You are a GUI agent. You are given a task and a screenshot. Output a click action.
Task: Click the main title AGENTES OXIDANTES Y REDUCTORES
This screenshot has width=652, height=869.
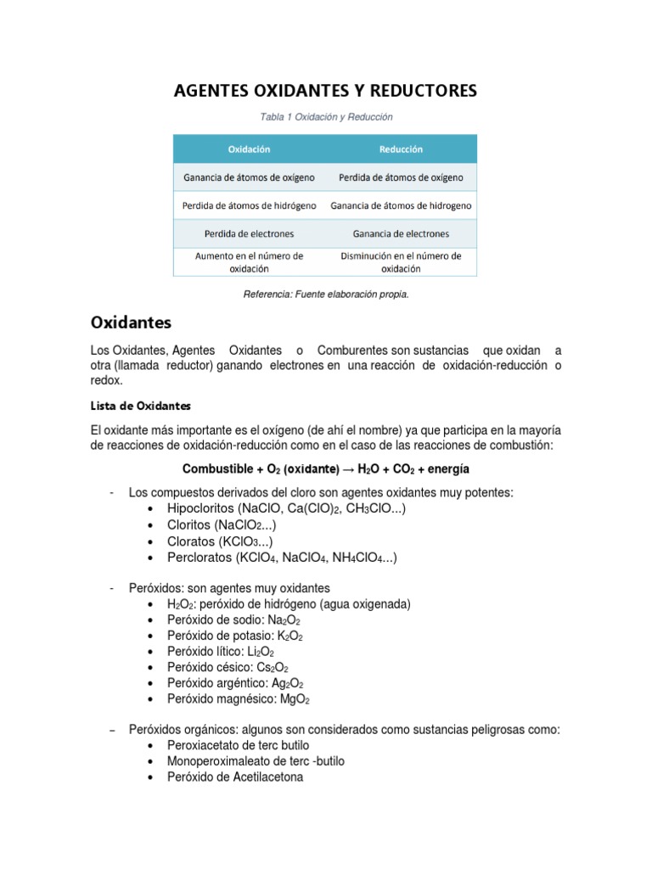click(x=326, y=90)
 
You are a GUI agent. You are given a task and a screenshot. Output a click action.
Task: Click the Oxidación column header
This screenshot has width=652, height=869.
click(x=249, y=149)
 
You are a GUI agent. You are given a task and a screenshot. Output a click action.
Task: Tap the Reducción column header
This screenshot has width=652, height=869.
click(x=401, y=149)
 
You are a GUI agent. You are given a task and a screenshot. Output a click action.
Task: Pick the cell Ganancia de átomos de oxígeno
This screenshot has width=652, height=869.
click(x=249, y=177)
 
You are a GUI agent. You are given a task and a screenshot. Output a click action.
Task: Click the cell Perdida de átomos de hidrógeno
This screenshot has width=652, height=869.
click(x=249, y=205)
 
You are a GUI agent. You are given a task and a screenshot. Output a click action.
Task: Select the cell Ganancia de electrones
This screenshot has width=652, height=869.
click(x=401, y=233)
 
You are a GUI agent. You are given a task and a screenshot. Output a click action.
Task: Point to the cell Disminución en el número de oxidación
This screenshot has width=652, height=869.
click(x=401, y=261)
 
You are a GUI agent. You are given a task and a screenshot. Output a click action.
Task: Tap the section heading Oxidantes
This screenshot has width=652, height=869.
click(x=131, y=322)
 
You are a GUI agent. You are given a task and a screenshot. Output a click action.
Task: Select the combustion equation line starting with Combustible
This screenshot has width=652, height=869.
click(x=326, y=468)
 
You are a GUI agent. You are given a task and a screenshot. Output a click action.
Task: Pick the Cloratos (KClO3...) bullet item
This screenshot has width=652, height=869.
click(x=220, y=541)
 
